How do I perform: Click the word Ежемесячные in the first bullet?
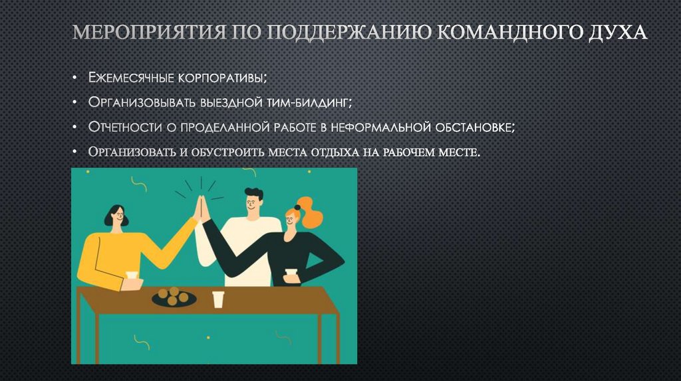130,78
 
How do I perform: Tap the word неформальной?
388,127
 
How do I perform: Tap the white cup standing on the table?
218,299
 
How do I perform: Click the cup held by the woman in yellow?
132,275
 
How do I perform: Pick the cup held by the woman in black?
291,275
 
